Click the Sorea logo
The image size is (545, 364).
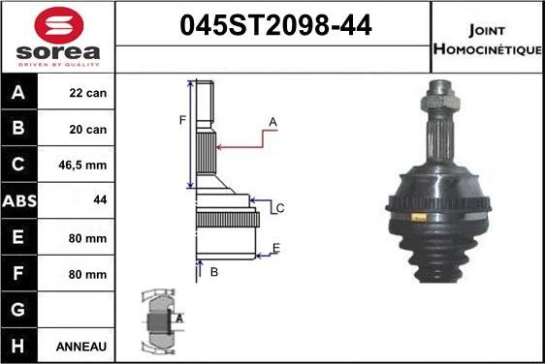[57, 38]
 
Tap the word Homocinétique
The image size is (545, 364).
[488, 48]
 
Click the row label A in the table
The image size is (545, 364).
[18, 94]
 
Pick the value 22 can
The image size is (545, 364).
[88, 94]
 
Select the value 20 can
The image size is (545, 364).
[88, 129]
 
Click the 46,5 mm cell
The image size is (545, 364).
[88, 165]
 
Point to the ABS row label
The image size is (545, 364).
[18, 200]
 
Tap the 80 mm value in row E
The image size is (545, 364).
[88, 236]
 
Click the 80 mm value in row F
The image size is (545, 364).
[88, 273]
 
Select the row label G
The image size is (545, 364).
[18, 309]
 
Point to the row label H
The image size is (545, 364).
[18, 346]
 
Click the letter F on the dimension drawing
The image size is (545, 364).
[180, 120]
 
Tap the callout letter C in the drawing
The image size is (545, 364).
[279, 207]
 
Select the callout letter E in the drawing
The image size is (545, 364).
[276, 248]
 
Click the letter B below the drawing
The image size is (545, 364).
[213, 272]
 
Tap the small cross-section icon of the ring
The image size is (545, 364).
[159, 318]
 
